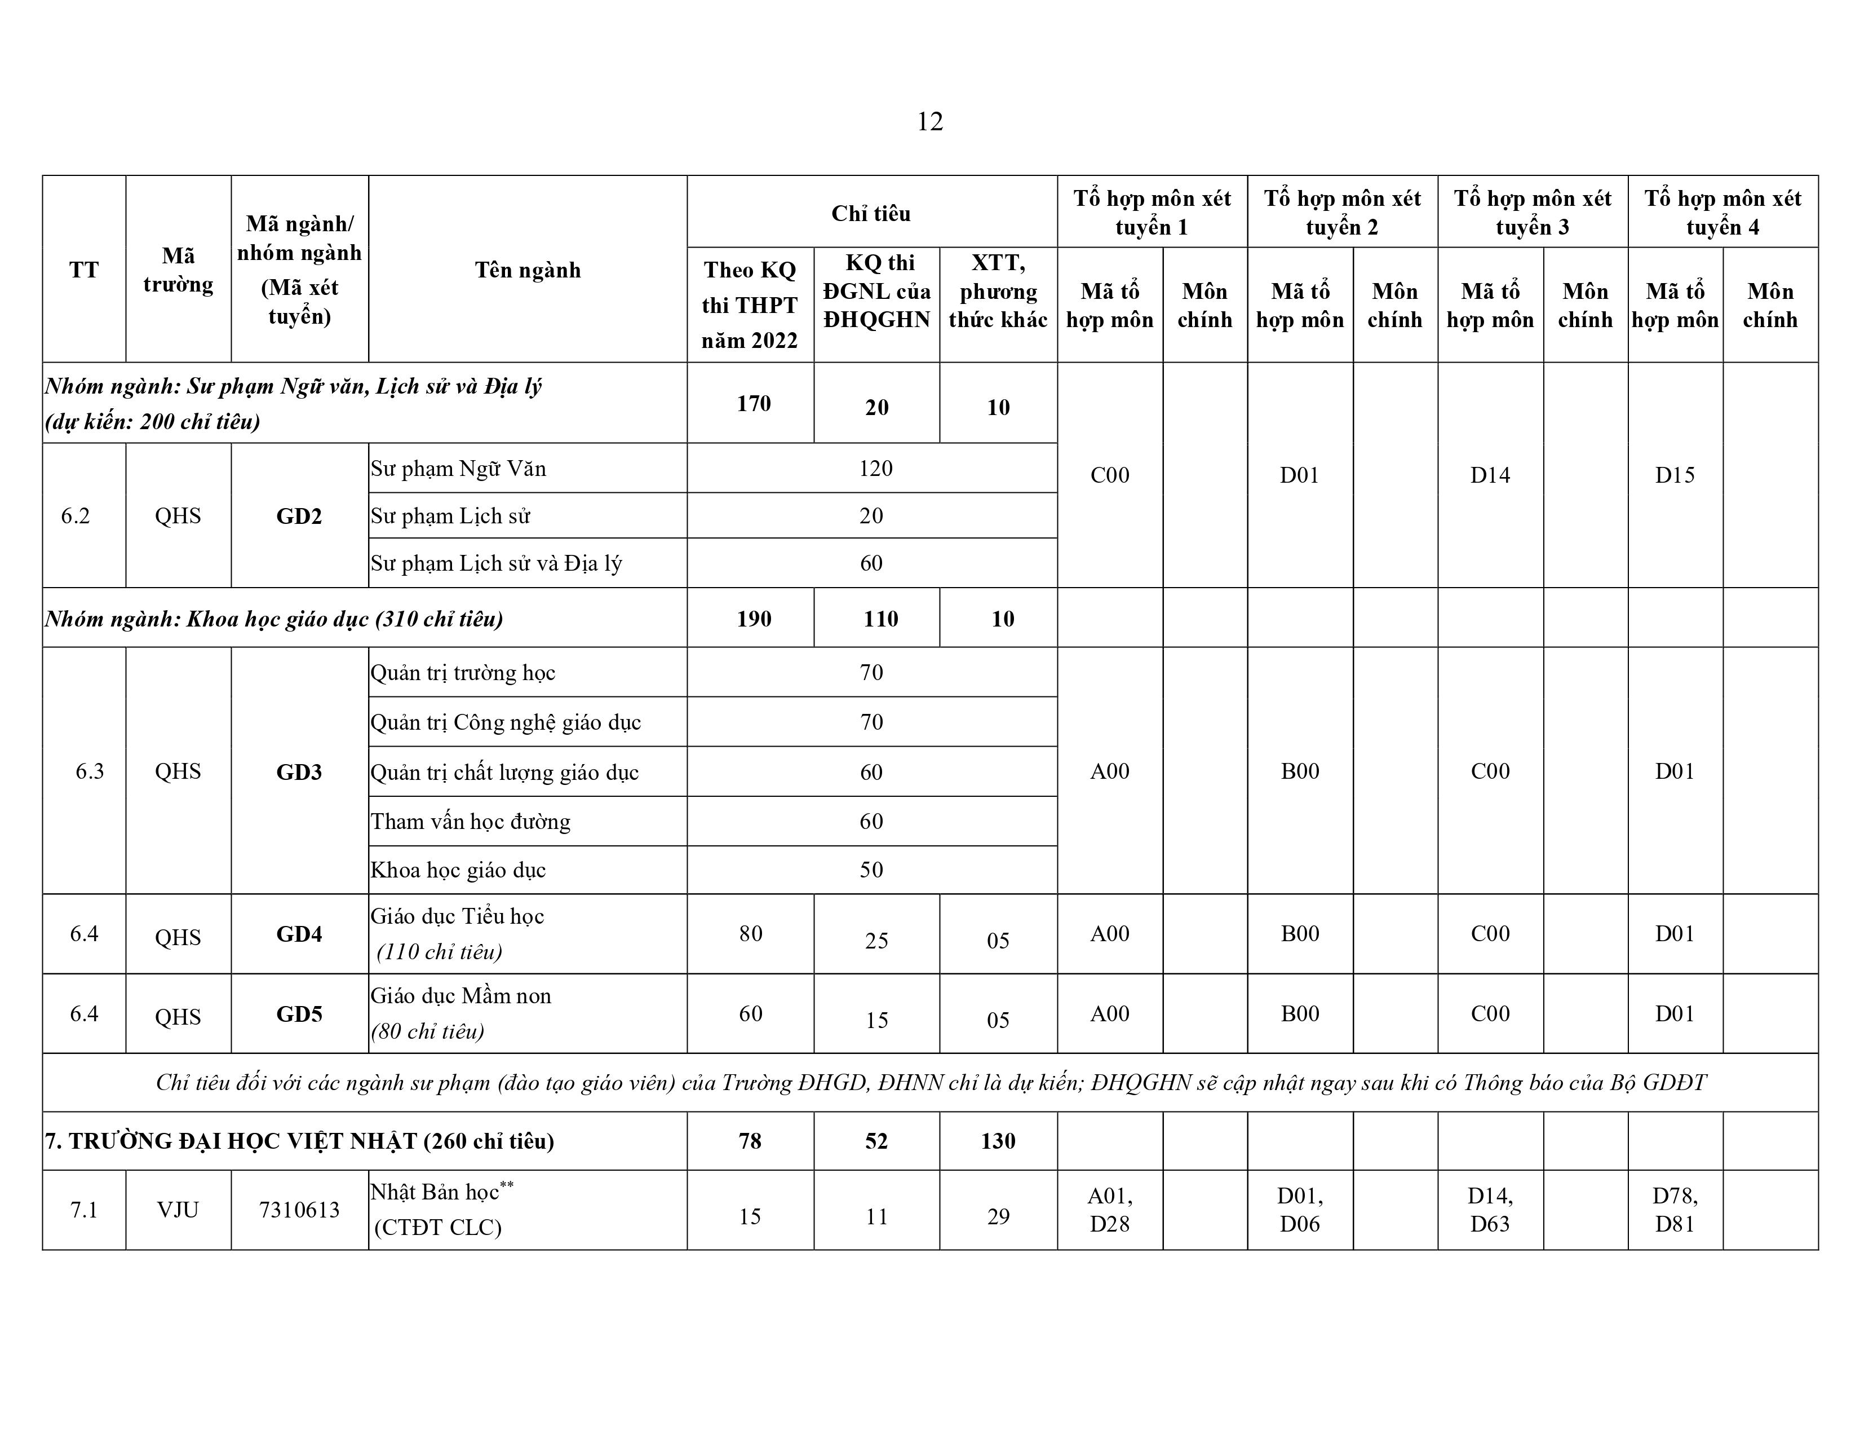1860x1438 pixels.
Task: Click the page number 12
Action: point(929,122)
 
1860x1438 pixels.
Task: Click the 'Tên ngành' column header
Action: point(527,270)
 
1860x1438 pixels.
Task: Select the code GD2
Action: point(299,516)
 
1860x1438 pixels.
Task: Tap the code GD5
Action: point(299,1014)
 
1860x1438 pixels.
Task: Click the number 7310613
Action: point(299,1210)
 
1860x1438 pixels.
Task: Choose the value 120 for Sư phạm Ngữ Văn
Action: point(875,469)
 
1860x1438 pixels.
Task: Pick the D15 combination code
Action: point(1675,475)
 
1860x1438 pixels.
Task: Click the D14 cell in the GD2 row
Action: point(1490,475)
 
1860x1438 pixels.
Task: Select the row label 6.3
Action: point(90,771)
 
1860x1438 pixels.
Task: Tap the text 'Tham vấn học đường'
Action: point(470,821)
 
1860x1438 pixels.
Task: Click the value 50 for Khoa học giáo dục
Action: point(870,870)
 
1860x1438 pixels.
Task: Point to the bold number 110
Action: point(880,619)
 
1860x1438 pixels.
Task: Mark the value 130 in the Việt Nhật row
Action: point(997,1141)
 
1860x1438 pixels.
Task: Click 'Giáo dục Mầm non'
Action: point(460,996)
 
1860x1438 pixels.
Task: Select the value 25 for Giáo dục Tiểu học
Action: point(876,941)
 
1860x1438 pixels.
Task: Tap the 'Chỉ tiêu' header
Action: point(870,213)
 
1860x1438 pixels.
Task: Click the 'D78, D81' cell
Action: point(1675,1210)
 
